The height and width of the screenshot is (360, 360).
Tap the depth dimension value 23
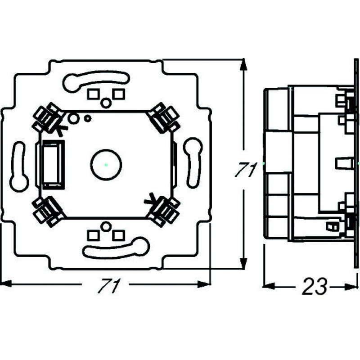(x=314, y=287)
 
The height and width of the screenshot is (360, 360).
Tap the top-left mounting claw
(x=48, y=117)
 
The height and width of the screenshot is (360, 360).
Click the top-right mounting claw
(x=164, y=118)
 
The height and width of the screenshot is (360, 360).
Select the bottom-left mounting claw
(x=48, y=211)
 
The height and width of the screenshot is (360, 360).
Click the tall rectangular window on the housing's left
(x=54, y=163)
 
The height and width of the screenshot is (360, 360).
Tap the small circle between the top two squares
(x=105, y=103)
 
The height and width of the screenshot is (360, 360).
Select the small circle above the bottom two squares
(x=105, y=226)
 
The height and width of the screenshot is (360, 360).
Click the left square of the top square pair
(x=93, y=94)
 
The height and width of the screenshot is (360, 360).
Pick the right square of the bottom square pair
(x=118, y=234)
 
